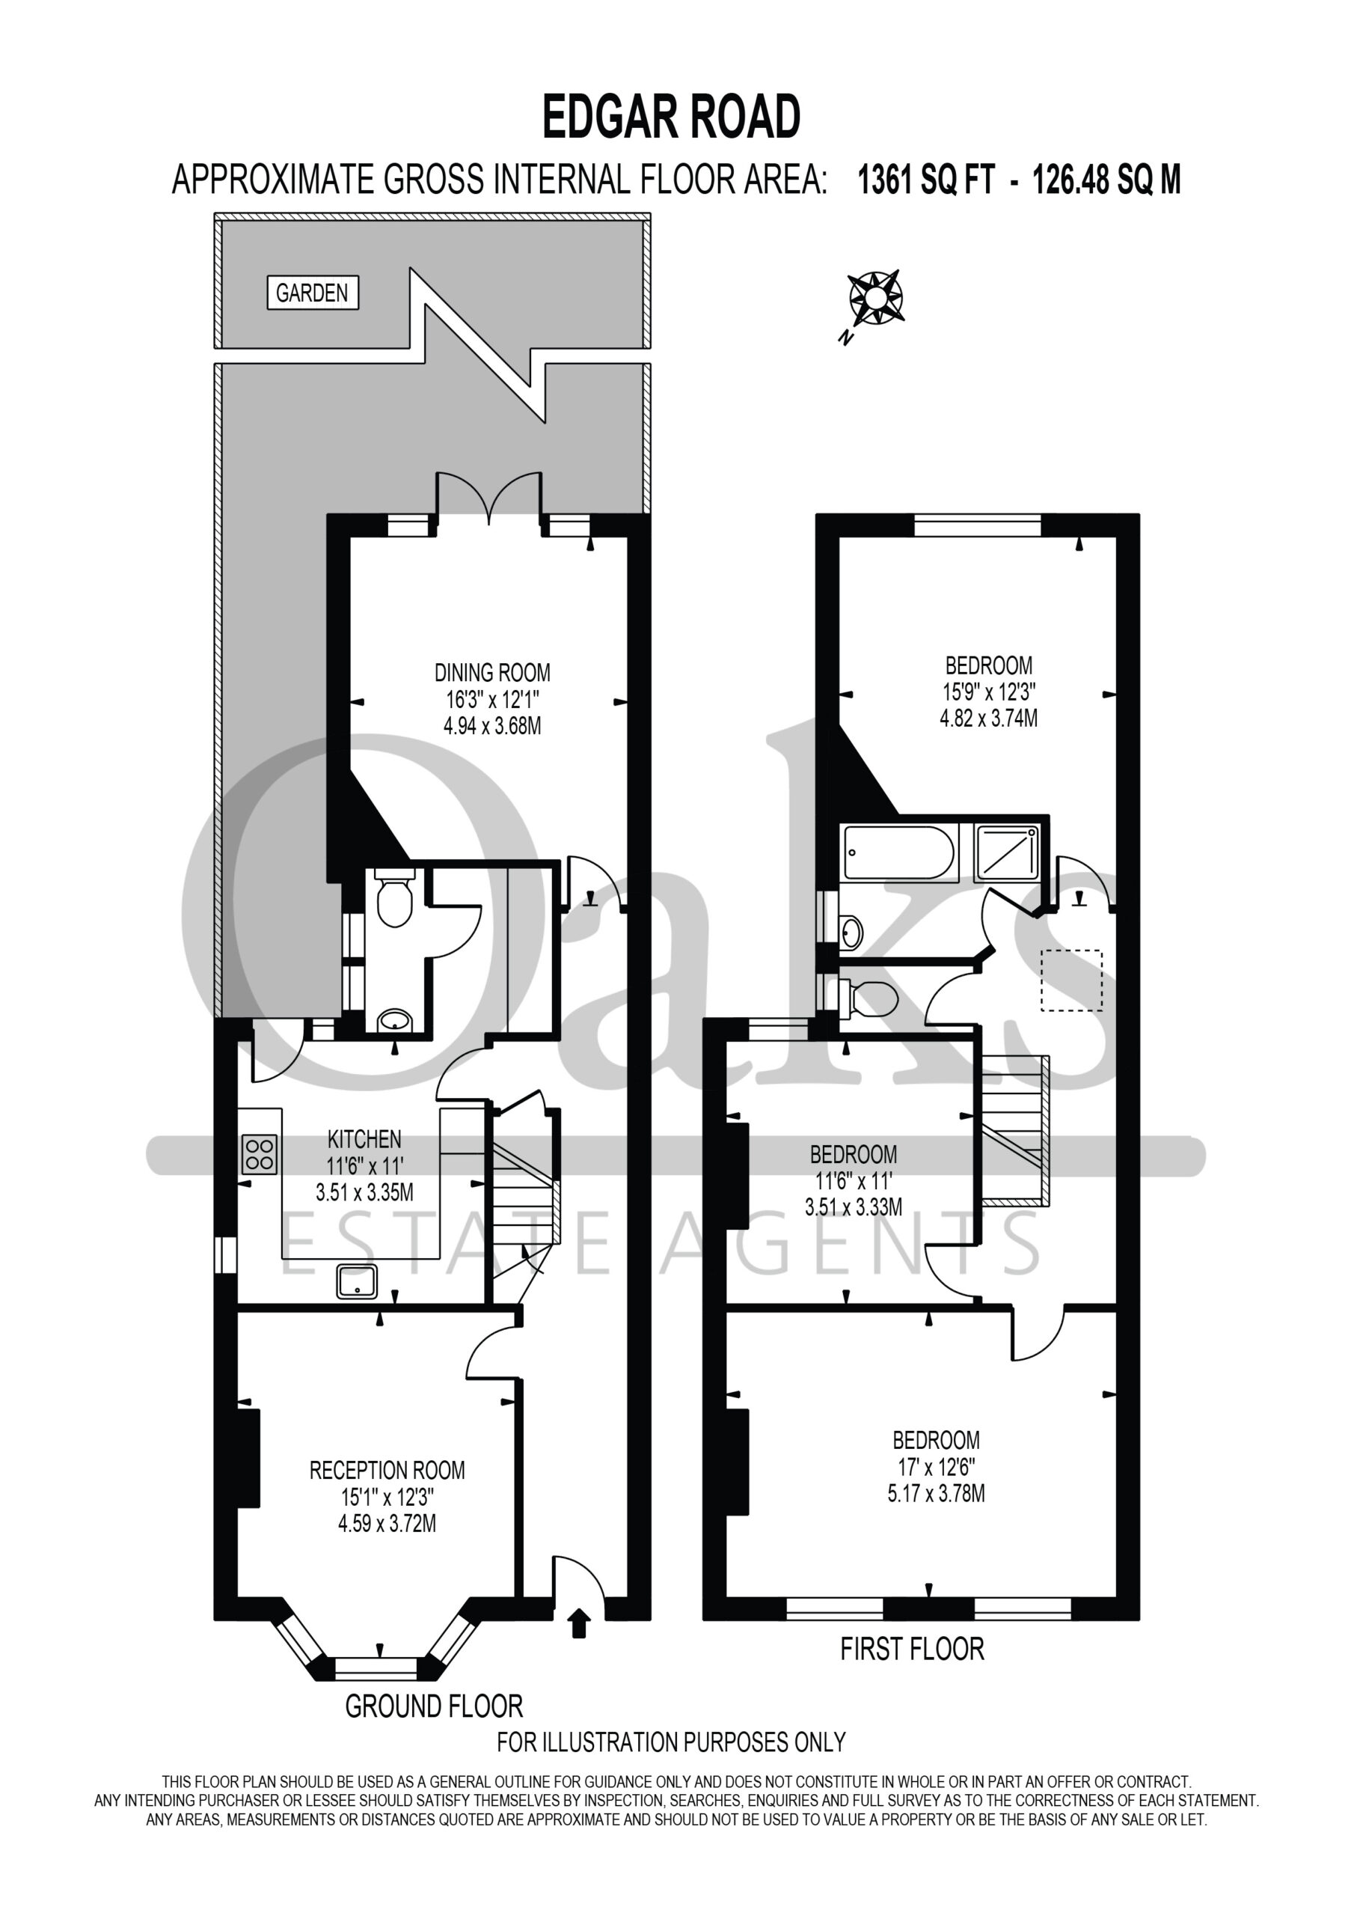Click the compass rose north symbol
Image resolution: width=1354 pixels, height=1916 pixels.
coord(874,299)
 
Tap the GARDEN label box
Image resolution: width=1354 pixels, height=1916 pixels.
coord(313,293)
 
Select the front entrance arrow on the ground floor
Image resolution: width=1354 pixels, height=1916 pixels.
coord(579,1623)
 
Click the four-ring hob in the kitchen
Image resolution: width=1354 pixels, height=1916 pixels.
coord(260,1154)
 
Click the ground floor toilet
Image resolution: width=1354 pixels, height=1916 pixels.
coord(394,897)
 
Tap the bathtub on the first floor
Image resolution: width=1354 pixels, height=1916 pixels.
coord(899,852)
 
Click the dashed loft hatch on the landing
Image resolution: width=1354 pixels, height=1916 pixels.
coord(1072,980)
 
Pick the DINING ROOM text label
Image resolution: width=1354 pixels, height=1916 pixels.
coord(492,673)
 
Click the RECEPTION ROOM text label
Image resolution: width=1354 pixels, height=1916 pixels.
coord(387,1471)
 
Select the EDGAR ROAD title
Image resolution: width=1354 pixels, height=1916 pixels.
coord(672,117)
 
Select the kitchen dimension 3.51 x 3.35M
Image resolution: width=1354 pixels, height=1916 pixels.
coord(364,1192)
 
